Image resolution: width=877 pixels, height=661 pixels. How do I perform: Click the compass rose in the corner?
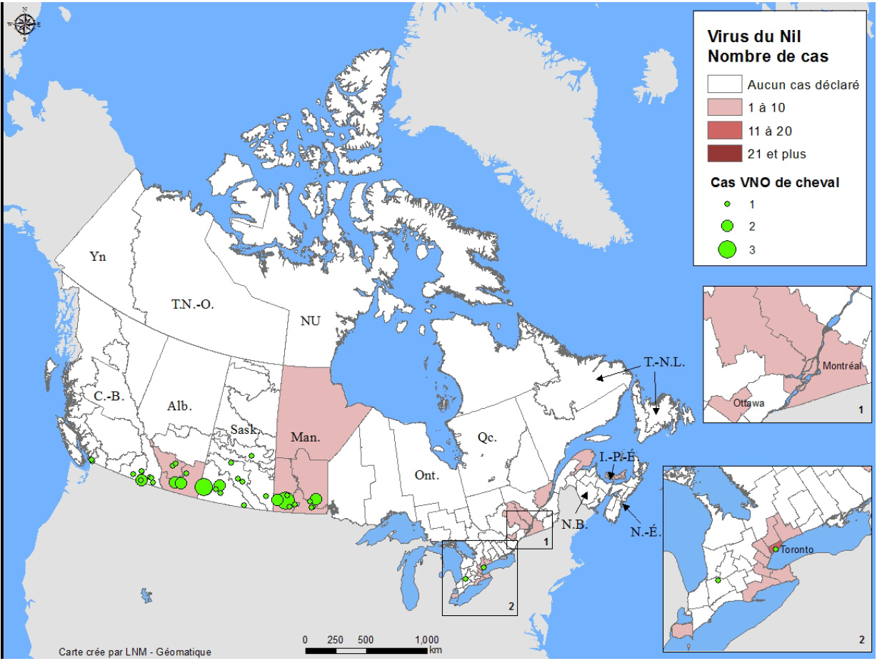tap(24, 24)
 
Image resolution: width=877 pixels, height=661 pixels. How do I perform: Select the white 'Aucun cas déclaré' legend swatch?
tap(723, 84)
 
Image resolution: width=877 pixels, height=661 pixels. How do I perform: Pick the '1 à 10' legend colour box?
tap(723, 107)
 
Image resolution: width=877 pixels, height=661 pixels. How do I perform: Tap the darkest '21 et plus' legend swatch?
tap(723, 153)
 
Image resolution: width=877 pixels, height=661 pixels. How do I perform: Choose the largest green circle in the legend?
tap(727, 249)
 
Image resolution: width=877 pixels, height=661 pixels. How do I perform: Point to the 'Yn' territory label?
tap(98, 257)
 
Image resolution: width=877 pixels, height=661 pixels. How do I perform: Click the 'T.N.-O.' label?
tap(193, 304)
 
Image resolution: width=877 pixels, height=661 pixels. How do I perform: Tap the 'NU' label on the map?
tap(310, 321)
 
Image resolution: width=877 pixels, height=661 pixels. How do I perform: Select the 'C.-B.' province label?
tap(109, 395)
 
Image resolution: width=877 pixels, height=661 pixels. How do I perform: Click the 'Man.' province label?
tap(306, 436)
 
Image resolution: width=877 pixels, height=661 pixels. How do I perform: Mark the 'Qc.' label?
tap(488, 438)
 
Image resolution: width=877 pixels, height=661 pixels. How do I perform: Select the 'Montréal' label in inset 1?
tap(848, 366)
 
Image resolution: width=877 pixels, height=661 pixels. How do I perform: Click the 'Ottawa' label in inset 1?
tap(749, 403)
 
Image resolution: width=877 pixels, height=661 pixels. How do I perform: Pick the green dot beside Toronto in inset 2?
tap(776, 550)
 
